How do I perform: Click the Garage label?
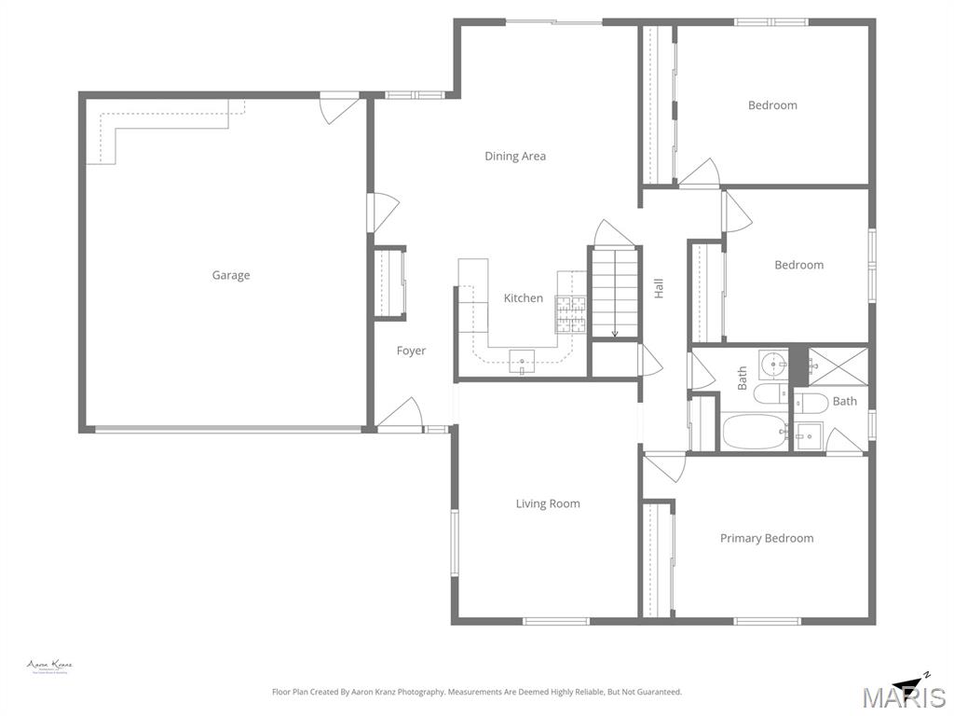[x=230, y=275]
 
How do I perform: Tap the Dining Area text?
[x=515, y=156]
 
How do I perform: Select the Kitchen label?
[x=523, y=298]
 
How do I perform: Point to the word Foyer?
[x=411, y=351]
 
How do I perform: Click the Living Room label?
[x=548, y=503]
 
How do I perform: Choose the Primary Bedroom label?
[x=766, y=538]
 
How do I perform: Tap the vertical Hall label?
[x=659, y=289]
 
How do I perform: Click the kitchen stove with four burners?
[x=570, y=313]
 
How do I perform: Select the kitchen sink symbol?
[x=523, y=362]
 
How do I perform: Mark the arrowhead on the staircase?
[x=615, y=333]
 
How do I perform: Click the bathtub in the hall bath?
[x=755, y=433]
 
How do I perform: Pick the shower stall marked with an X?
[x=837, y=365]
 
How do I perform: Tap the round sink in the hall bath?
[x=772, y=362]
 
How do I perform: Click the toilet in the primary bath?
[x=811, y=402]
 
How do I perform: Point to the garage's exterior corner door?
[x=339, y=107]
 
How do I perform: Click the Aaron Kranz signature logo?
[x=49, y=667]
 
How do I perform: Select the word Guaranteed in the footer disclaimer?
[x=658, y=692]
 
